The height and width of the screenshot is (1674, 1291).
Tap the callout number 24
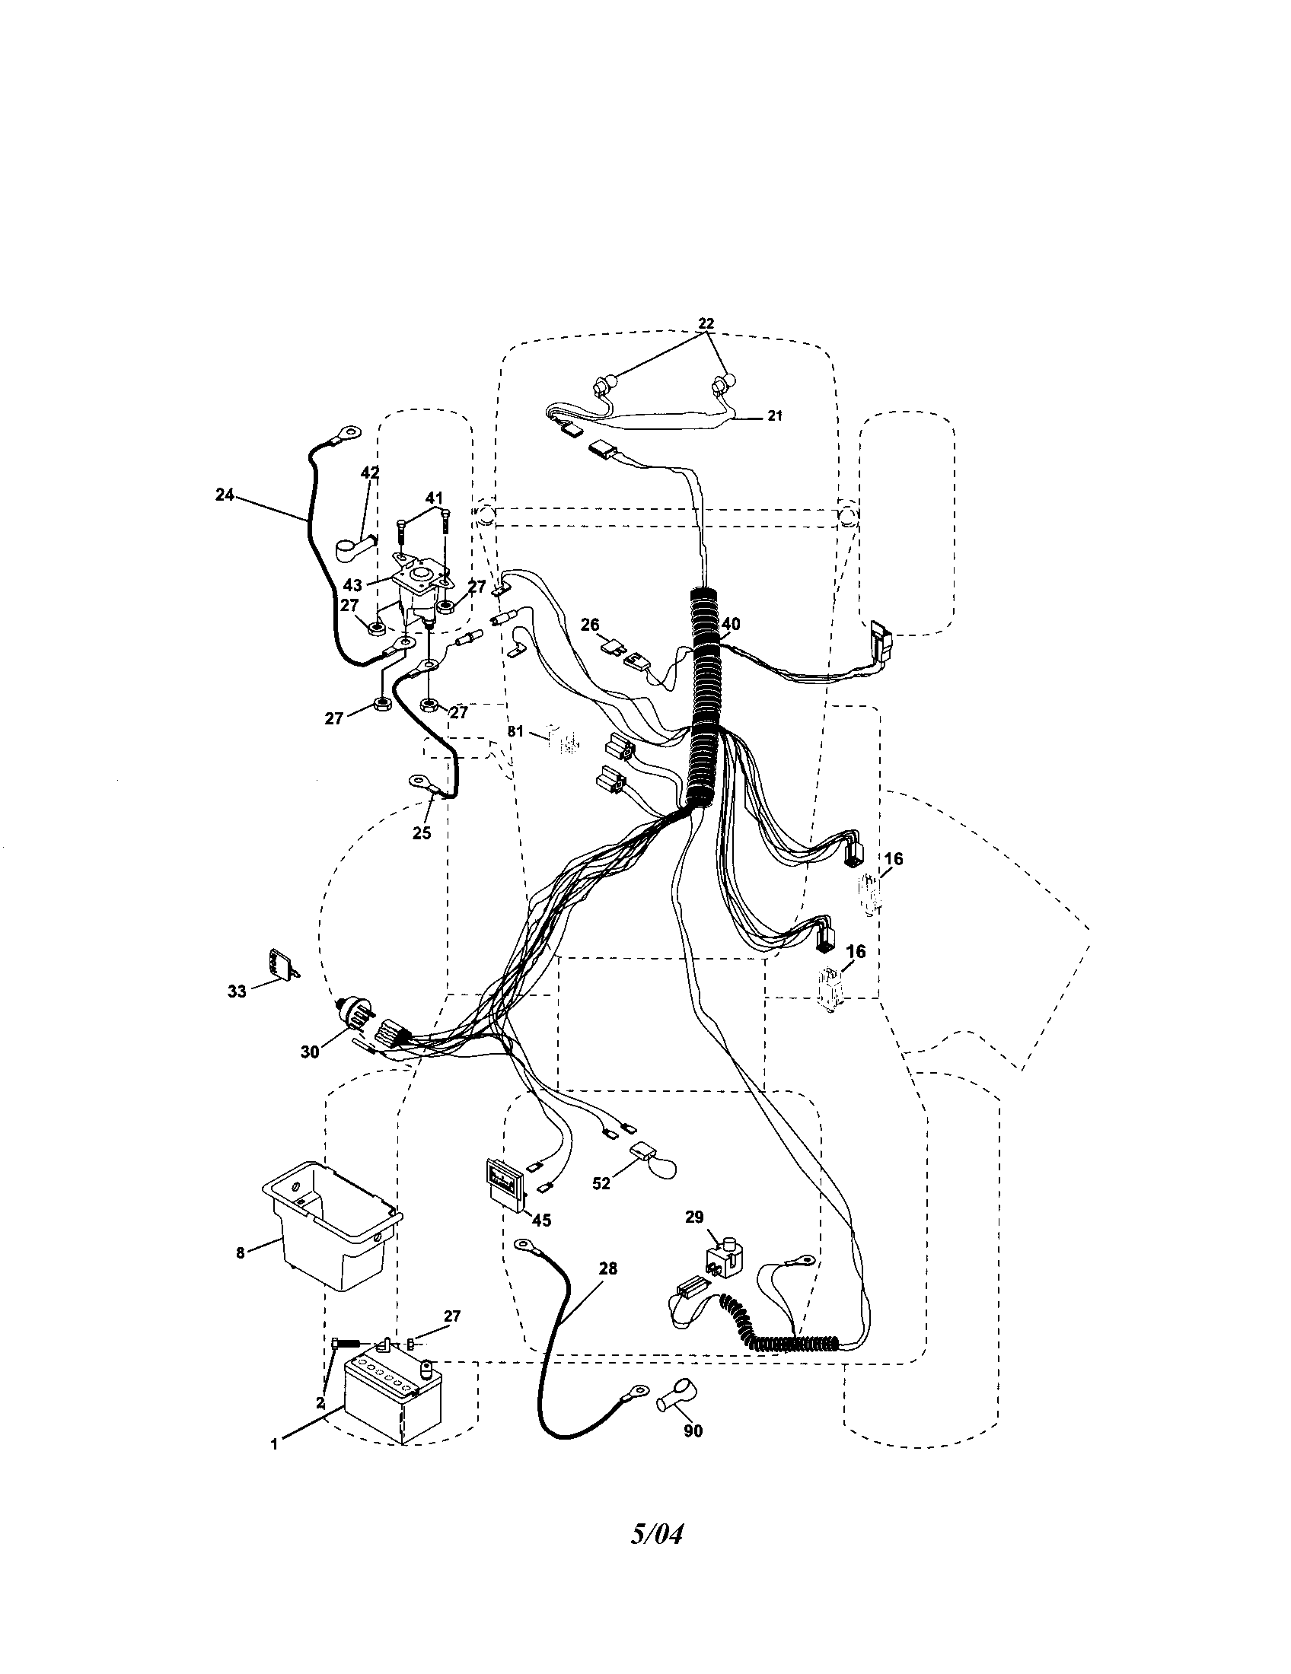pos(225,495)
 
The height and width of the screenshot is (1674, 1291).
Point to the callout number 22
pos(706,324)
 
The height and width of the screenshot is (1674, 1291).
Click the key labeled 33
pos(280,966)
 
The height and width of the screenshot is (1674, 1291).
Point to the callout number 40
pos(731,625)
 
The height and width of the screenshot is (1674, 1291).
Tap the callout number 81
pos(515,731)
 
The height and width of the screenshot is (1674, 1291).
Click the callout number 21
pos(775,416)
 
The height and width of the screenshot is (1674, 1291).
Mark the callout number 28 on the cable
pos(608,1269)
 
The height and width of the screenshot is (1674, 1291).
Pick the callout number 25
pos(422,833)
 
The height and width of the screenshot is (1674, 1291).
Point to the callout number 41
pos(435,498)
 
